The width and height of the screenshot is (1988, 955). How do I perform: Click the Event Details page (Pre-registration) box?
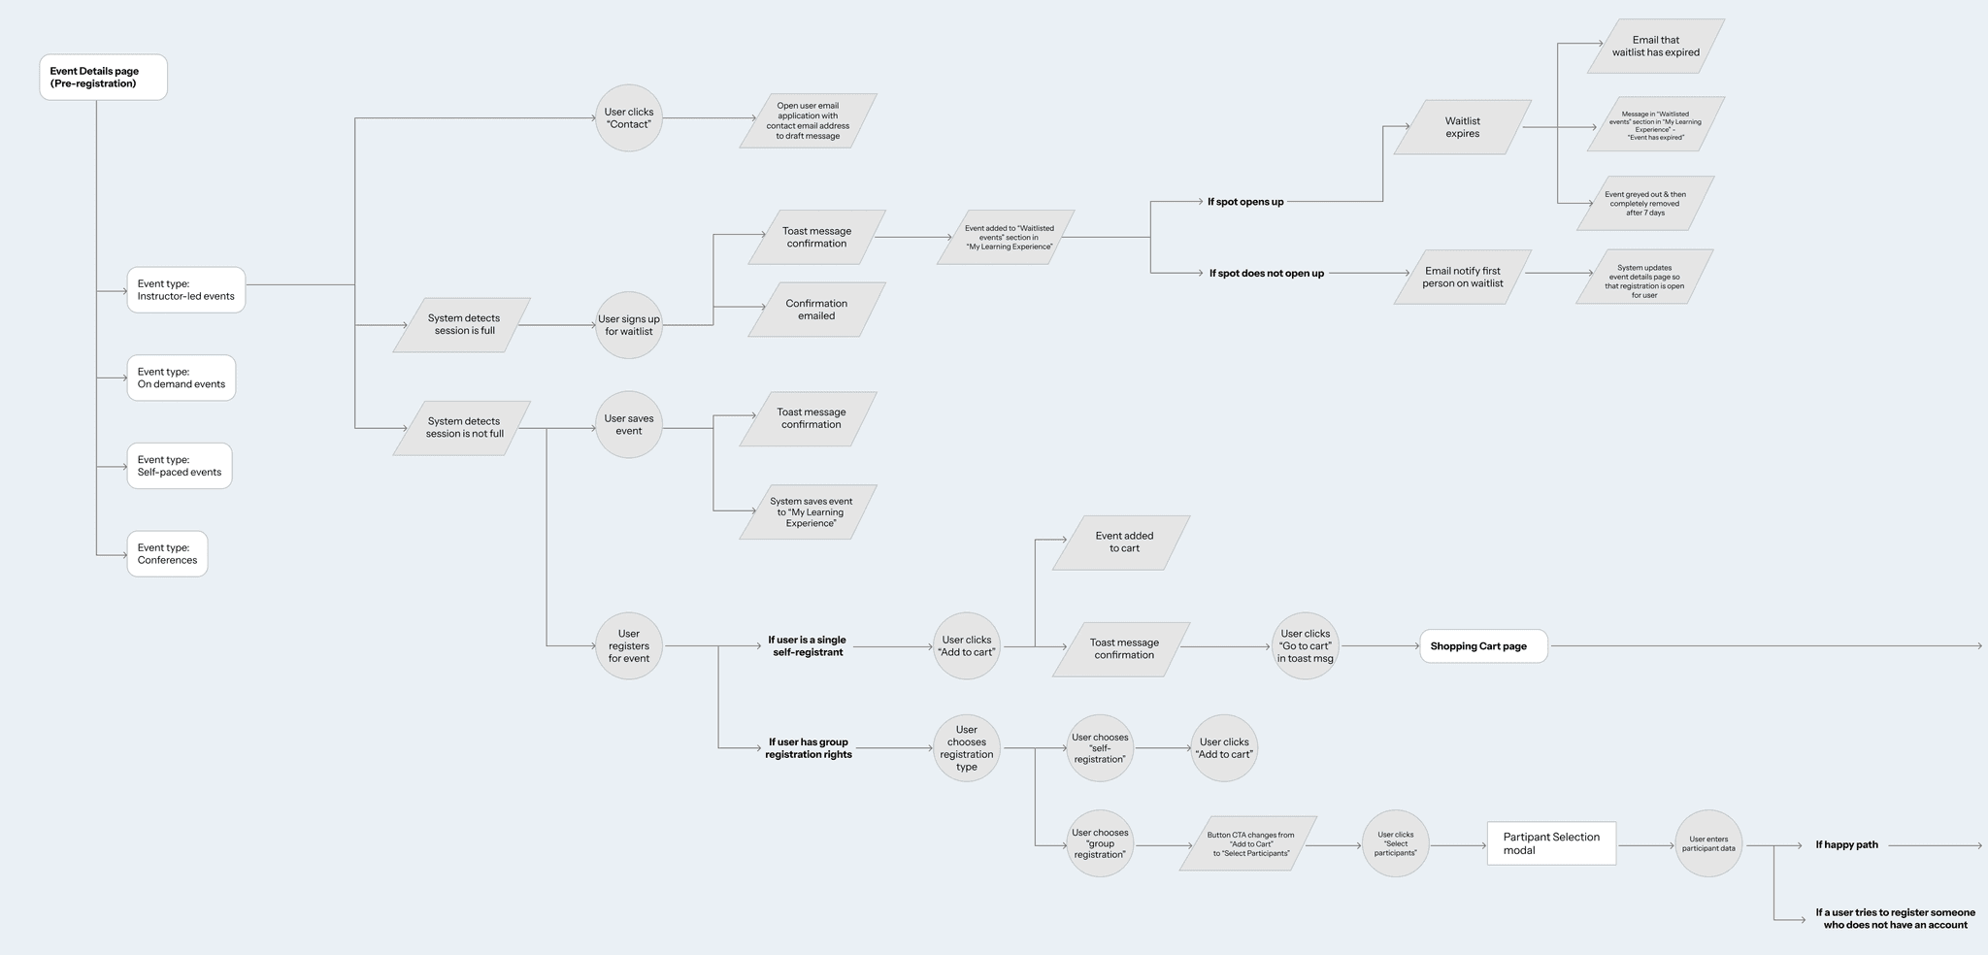click(x=103, y=78)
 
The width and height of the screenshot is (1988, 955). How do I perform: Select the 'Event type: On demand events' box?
click(x=182, y=378)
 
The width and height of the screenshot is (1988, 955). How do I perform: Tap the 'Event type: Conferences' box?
click(x=167, y=554)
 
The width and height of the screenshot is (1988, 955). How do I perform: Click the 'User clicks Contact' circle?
click(x=629, y=118)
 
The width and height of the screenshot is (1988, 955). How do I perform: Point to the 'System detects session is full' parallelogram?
click(x=463, y=325)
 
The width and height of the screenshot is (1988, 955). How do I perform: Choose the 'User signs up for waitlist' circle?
click(x=629, y=325)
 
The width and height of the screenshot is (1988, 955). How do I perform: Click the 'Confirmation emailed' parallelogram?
click(x=816, y=310)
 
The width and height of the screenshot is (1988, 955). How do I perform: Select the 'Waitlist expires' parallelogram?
click(x=1462, y=127)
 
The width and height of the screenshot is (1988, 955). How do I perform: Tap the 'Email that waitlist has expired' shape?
click(x=1655, y=47)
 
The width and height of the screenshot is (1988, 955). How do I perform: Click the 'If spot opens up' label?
click(x=1245, y=202)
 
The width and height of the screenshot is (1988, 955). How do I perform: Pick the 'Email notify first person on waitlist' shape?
click(x=1462, y=278)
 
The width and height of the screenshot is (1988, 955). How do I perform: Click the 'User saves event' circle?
click(x=629, y=425)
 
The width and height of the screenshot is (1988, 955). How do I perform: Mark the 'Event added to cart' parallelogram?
click(x=1123, y=543)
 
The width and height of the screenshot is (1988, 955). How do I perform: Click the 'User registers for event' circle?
click(x=629, y=646)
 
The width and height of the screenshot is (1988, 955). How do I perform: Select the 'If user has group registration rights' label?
click(x=808, y=748)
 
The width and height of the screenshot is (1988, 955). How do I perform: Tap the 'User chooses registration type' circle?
click(x=967, y=748)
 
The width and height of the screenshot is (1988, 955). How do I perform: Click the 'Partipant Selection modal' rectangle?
click(x=1551, y=843)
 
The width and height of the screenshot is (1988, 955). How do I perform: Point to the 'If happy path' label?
click(x=1846, y=845)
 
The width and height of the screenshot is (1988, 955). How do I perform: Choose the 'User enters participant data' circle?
click(x=1708, y=844)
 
